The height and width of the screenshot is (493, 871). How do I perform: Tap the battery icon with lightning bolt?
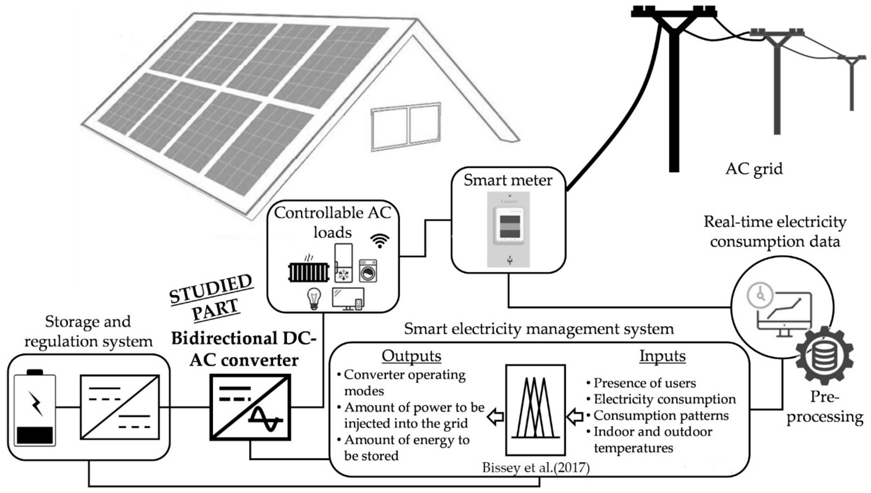pyautogui.click(x=35, y=408)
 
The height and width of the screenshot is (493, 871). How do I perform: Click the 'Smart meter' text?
pyautogui.click(x=508, y=180)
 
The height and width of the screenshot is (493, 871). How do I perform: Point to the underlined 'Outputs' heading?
pyautogui.click(x=411, y=356)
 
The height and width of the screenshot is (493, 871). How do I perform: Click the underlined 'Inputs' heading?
pyautogui.click(x=662, y=356)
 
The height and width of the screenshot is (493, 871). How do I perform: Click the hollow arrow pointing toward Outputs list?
pyautogui.click(x=495, y=418)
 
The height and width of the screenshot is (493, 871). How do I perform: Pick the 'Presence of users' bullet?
pyautogui.click(x=644, y=383)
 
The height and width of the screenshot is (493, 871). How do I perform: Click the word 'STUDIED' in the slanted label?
pyautogui.click(x=211, y=289)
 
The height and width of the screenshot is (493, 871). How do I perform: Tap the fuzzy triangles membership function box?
pyautogui.click(x=535, y=410)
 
